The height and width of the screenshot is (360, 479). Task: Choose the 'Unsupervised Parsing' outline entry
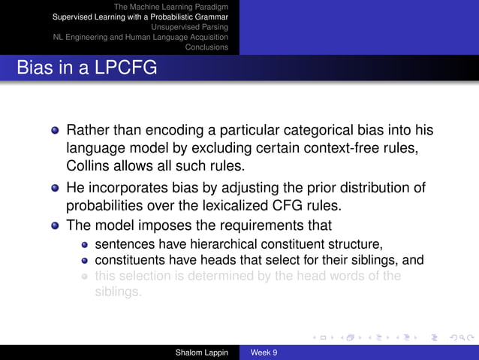tap(189, 26)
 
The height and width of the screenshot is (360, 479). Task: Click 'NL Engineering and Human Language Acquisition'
tap(140, 37)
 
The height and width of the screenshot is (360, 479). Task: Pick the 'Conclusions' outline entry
tap(206, 47)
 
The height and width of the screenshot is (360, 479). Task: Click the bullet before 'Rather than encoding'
tap(54, 131)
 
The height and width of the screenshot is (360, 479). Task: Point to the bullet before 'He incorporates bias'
tap(54, 187)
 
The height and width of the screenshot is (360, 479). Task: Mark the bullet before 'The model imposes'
tap(54, 225)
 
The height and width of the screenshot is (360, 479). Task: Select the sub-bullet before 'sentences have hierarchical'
tap(86, 244)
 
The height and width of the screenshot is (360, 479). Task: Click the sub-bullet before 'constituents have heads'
tap(86, 260)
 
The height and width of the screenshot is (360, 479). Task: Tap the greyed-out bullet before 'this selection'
tap(86, 277)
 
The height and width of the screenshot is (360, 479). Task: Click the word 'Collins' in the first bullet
tap(89, 165)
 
